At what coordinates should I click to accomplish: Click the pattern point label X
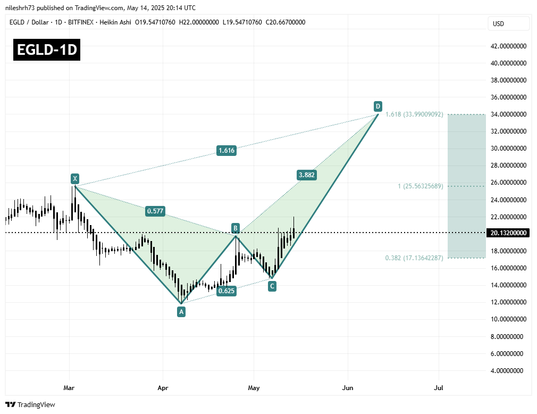75,179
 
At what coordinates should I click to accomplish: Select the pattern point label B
235,228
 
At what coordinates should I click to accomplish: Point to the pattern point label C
272,286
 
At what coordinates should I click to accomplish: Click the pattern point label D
377,105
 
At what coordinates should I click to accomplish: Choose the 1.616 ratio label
226,151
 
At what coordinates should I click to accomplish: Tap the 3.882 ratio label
307,175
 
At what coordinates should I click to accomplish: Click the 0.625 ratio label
226,291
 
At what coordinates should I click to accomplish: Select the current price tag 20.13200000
508,233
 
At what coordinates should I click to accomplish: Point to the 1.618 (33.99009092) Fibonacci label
414,114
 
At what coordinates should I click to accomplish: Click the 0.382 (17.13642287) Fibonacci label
414,258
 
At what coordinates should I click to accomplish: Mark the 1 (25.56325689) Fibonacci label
421,186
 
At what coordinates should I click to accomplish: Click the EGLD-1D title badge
47,51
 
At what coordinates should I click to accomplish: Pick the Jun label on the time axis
348,388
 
